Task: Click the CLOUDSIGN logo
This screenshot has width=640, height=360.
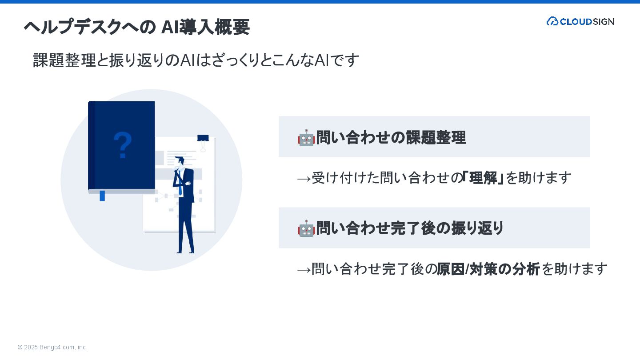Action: [580, 21]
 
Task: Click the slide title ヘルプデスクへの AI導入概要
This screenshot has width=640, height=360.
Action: [136, 27]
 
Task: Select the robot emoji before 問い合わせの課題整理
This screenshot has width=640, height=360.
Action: [306, 138]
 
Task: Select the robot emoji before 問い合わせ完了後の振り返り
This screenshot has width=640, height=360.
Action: [306, 228]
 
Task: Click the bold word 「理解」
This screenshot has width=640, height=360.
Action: [483, 178]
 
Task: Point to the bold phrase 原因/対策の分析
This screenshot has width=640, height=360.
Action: [488, 269]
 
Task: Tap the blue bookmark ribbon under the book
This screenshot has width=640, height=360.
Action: [102, 196]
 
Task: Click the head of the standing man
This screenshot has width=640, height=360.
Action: [180, 161]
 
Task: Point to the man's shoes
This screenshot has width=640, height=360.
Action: [185, 252]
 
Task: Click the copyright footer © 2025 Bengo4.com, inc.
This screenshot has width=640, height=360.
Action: [52, 347]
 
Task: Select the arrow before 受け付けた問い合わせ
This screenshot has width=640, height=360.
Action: [304, 178]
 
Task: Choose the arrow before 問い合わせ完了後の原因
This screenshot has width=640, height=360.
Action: [304, 269]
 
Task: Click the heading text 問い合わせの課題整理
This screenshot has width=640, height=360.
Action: [391, 138]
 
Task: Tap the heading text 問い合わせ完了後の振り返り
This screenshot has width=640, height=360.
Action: [410, 228]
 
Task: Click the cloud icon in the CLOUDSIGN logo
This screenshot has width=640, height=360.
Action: [552, 21]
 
